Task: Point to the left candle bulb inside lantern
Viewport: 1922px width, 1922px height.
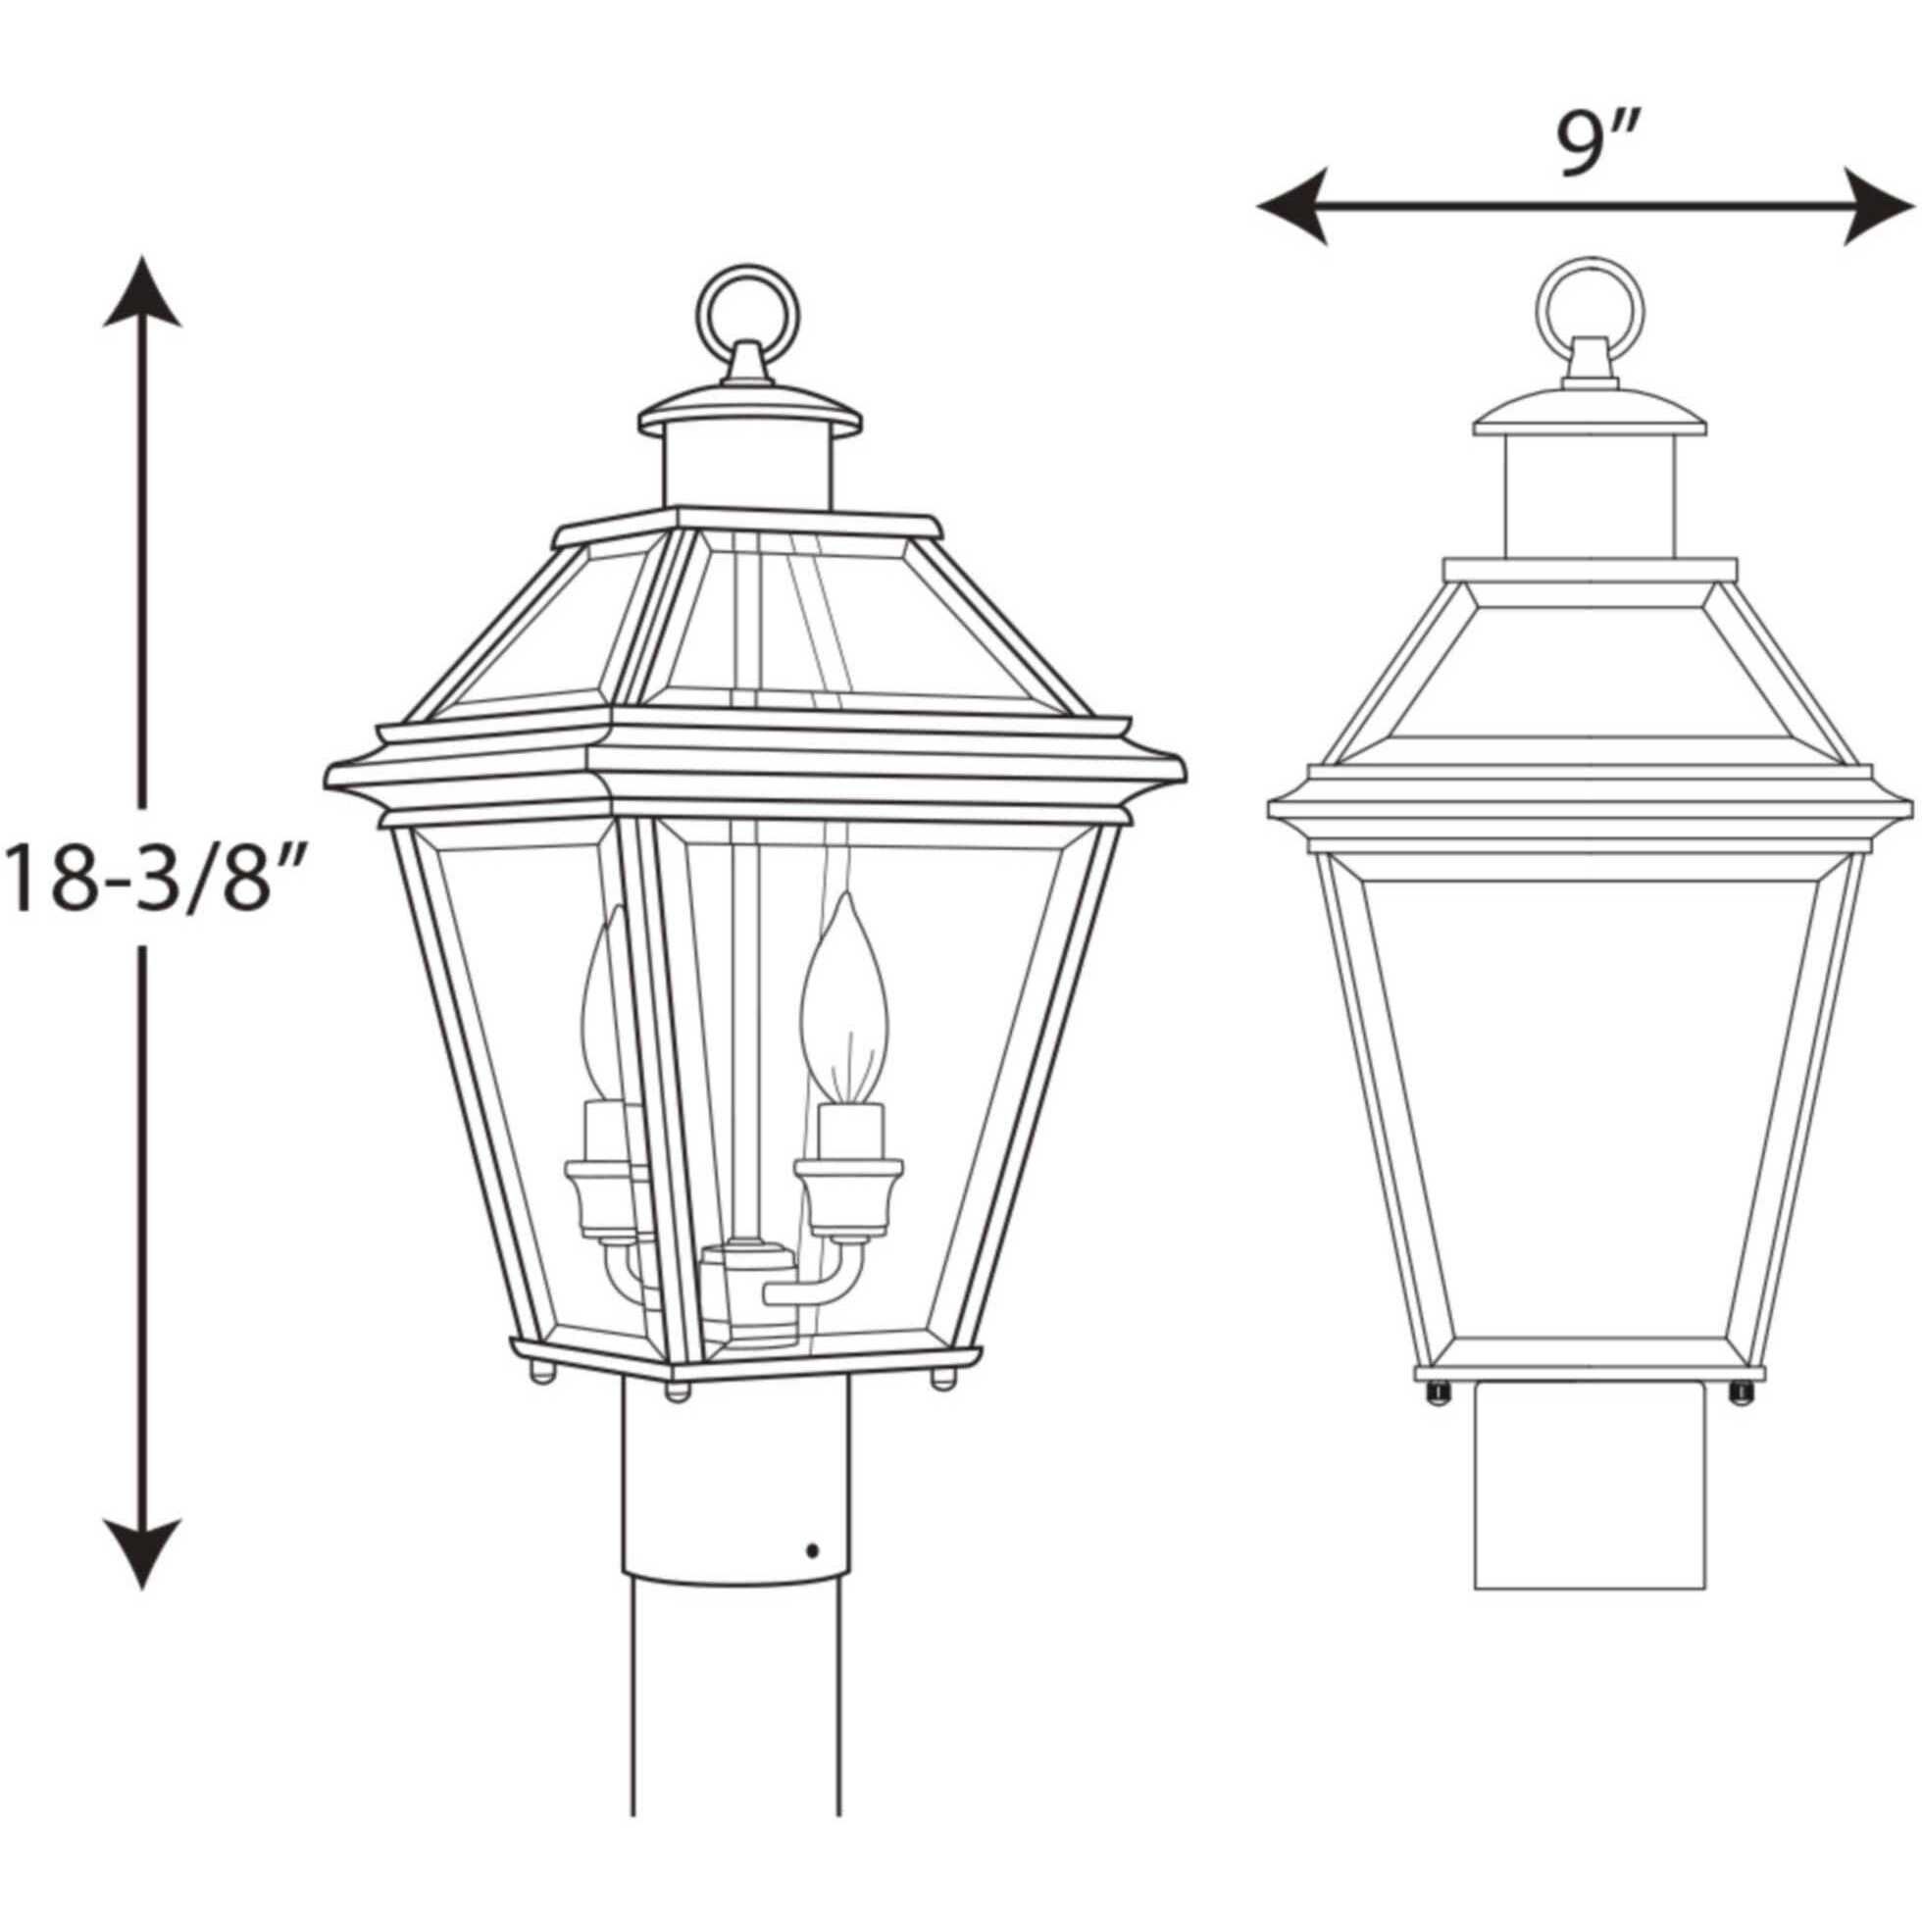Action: click(601, 1005)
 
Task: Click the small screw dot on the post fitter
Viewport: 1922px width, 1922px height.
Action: click(814, 1550)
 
